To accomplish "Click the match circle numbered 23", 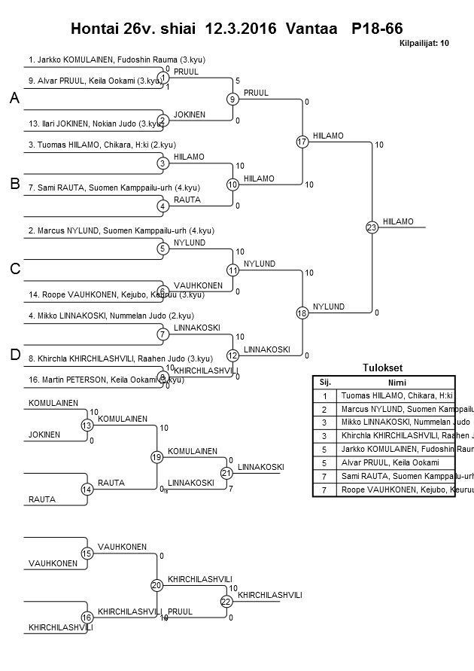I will click(x=372, y=227).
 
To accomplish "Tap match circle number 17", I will click(x=302, y=142).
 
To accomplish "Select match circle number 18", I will click(x=302, y=313).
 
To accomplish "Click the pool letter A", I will click(x=14, y=99).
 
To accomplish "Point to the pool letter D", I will click(x=14, y=355).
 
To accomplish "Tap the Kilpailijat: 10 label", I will click(x=424, y=44).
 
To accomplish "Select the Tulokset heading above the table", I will click(x=383, y=368).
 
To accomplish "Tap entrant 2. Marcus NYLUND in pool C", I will click(x=121, y=230).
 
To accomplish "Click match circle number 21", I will click(x=226, y=473).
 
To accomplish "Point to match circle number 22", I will click(x=226, y=601).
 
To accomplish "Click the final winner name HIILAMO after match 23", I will click(x=398, y=221).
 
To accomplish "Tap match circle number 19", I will click(x=156, y=456).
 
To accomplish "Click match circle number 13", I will click(x=87, y=425).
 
